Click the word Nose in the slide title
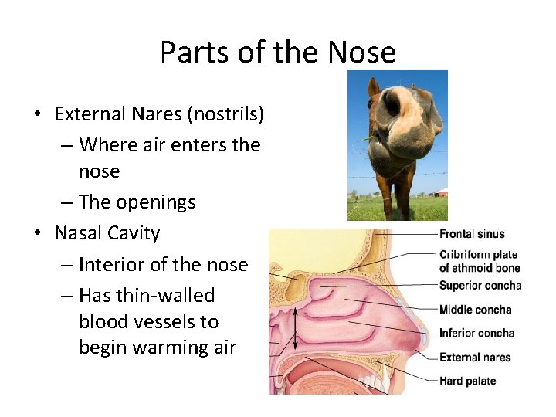click(x=361, y=53)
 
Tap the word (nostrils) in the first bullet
click(x=229, y=114)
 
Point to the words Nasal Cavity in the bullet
click(x=107, y=233)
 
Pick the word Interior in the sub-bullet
click(x=112, y=264)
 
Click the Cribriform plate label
click(x=478, y=255)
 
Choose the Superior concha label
click(x=480, y=286)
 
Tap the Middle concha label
click(x=475, y=310)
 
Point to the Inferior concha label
click(x=476, y=334)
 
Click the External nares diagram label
click(x=475, y=358)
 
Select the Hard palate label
click(x=467, y=381)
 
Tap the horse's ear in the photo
click(x=373, y=86)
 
